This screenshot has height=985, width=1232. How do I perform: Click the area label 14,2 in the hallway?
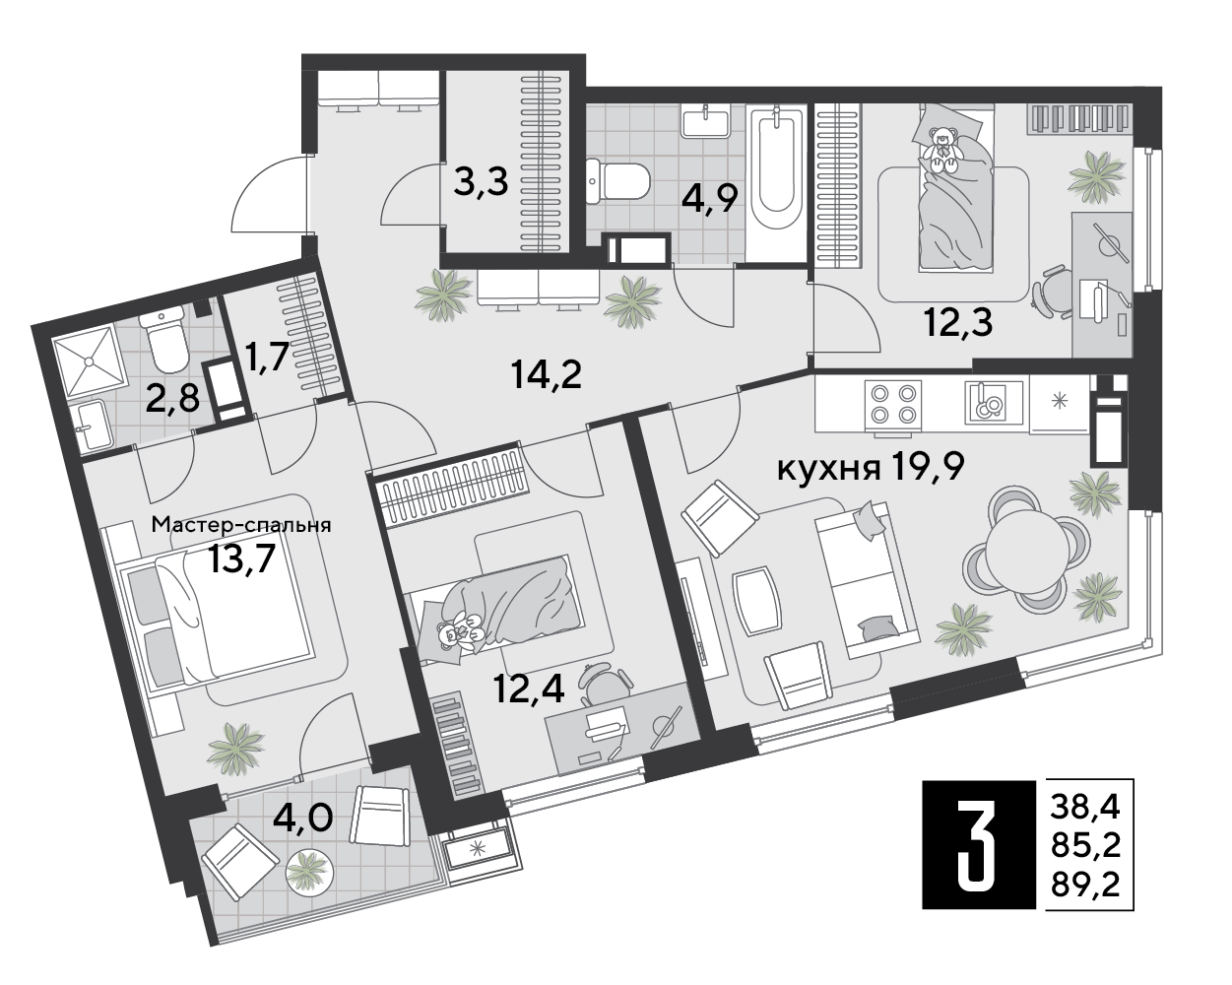(545, 375)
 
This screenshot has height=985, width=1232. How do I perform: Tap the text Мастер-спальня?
(241, 525)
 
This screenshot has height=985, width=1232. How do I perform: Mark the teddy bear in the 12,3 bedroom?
(943, 151)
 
